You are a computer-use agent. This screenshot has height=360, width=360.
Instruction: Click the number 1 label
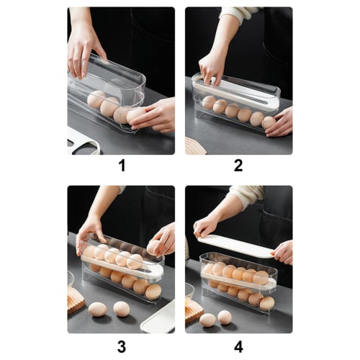(121, 166)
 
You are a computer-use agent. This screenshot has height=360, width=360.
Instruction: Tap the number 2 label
(238, 166)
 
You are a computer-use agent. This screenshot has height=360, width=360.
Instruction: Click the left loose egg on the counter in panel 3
(98, 309)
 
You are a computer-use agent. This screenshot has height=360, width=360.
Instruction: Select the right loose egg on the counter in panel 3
(122, 309)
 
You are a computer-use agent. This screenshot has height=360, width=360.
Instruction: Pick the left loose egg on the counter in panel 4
(208, 320)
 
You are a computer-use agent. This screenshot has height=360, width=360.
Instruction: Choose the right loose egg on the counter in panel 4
(225, 317)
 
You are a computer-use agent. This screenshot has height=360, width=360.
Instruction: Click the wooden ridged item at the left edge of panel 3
(74, 298)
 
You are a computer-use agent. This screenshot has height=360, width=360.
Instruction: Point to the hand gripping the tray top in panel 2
(211, 67)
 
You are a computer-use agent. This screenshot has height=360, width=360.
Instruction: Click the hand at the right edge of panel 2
(280, 122)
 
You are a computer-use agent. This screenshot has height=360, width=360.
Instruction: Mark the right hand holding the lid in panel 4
(282, 251)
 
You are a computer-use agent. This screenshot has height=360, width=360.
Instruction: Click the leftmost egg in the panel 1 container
(96, 99)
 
